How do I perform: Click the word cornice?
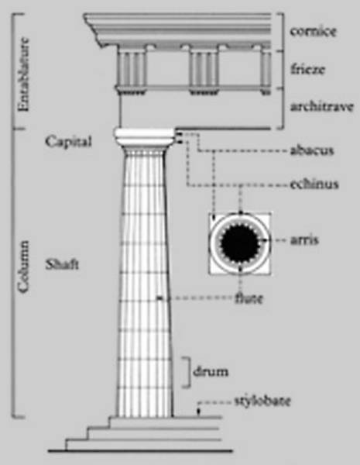coord(314,31)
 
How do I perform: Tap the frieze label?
coord(307,69)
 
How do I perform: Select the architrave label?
coord(322,106)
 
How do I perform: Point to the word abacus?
coord(312,150)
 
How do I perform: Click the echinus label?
coord(314,184)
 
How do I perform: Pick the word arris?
coord(304,239)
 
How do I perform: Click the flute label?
coord(249,298)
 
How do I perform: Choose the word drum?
coord(211,371)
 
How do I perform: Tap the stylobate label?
coord(262,401)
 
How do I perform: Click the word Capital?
coord(68,142)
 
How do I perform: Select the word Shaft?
coord(62,264)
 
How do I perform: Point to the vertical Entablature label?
coord(23,74)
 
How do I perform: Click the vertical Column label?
coord(23,267)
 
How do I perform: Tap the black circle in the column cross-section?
coord(239,243)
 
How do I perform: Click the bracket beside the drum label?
coord(187,372)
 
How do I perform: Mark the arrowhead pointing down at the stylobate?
coord(199,412)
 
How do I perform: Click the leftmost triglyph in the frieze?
coord(132,70)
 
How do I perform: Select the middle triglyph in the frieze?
coord(204,70)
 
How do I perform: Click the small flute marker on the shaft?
coord(160,298)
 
